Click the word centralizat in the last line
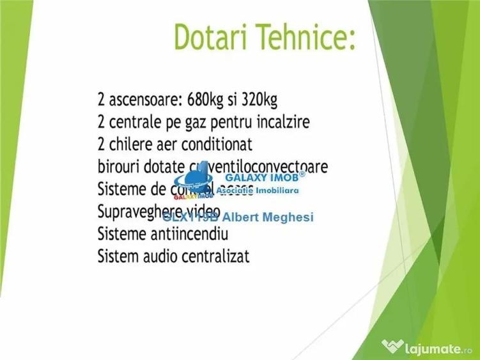[217, 257]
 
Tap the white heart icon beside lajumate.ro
[392, 347]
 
